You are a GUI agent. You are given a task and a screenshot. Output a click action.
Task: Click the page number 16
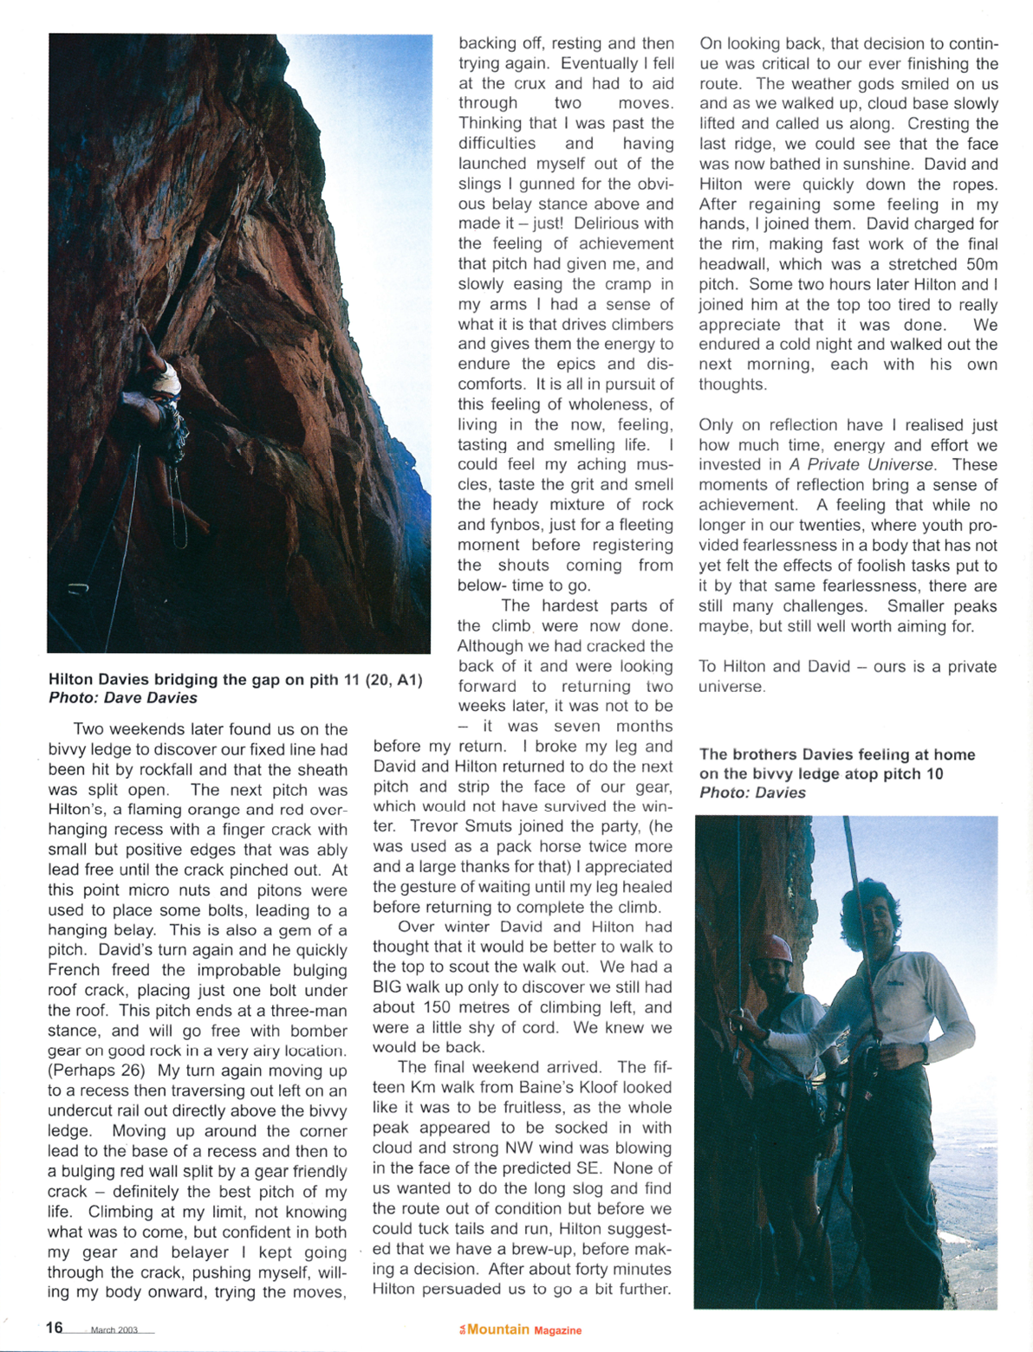[x=55, y=1327]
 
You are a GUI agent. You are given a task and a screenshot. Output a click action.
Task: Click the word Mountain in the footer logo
[x=498, y=1329]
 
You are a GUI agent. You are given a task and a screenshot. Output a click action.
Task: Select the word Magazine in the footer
[x=558, y=1330]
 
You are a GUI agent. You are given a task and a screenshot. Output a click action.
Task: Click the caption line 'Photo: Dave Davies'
[x=123, y=698]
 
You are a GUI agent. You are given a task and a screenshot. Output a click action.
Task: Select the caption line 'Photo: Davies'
[x=752, y=792]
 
